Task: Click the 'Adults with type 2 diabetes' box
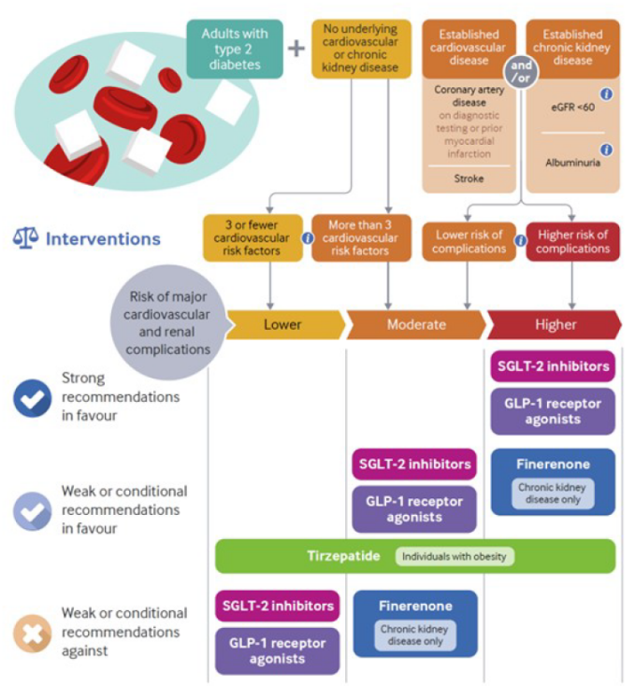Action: point(234,49)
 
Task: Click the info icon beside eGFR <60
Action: point(606,94)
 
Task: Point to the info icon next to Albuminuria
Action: point(606,150)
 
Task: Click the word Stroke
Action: point(469,177)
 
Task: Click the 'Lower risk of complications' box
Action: point(469,241)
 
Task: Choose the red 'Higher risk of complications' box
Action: point(573,241)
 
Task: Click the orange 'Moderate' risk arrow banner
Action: point(416,324)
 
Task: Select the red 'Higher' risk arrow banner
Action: point(555,324)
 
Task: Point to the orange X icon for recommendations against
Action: point(32,633)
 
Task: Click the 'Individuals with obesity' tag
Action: point(454,556)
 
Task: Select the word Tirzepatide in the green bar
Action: point(344,556)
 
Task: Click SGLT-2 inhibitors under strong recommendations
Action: point(553,366)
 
